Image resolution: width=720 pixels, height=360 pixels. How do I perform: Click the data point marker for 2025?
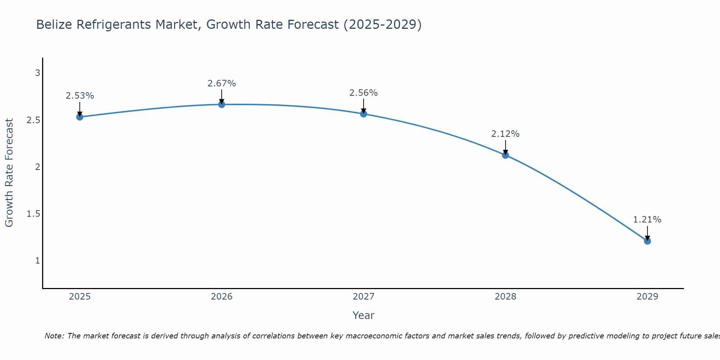(80, 117)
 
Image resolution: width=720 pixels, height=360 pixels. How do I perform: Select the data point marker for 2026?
(222, 104)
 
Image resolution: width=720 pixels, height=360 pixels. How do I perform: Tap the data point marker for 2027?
(364, 114)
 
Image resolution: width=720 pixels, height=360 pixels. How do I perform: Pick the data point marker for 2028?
(505, 155)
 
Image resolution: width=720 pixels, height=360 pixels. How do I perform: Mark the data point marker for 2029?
(647, 241)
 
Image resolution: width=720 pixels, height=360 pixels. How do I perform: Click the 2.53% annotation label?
(80, 96)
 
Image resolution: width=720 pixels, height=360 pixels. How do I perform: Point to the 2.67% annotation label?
(222, 84)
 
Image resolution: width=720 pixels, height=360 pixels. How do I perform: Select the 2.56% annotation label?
(364, 93)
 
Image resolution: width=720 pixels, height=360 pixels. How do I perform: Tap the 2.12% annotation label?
(505, 134)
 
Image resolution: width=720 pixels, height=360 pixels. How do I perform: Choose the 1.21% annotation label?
(647, 220)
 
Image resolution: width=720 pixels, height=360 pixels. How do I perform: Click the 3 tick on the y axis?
(37, 73)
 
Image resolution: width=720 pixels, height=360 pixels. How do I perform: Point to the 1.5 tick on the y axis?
(33, 214)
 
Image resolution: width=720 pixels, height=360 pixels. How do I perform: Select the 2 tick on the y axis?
(37, 167)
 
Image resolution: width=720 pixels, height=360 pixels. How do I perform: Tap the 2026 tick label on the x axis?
(222, 297)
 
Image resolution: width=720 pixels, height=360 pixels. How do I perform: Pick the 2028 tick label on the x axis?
(505, 297)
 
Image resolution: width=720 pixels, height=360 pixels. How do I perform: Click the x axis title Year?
(364, 315)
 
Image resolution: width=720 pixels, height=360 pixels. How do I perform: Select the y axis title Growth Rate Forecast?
(9, 173)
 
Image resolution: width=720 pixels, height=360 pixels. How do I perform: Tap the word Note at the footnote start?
(54, 336)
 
